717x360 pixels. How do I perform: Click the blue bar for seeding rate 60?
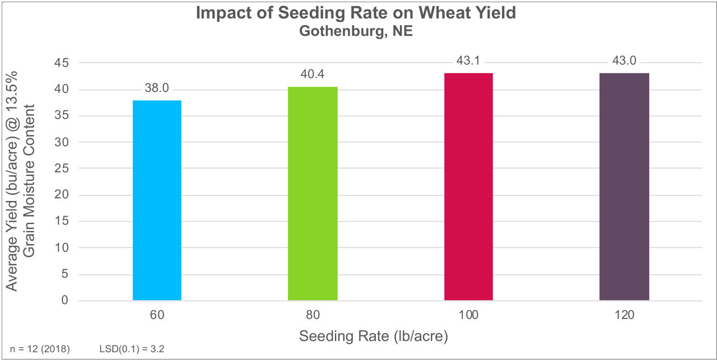(x=157, y=200)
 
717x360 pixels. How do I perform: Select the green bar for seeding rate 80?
(x=313, y=193)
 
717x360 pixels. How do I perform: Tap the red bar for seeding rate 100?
(x=468, y=186)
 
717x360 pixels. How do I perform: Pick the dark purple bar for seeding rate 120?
(x=624, y=186)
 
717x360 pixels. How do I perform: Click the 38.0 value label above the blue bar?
(x=157, y=88)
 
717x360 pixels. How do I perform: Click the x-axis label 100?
(x=468, y=315)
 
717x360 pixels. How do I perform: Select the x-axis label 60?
(x=157, y=315)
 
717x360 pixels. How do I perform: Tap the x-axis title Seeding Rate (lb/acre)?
(x=374, y=336)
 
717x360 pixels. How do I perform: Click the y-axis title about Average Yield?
(x=21, y=180)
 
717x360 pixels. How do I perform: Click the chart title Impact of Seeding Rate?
(x=356, y=13)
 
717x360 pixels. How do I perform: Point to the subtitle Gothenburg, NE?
(x=356, y=31)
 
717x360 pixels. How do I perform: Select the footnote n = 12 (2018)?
(x=40, y=349)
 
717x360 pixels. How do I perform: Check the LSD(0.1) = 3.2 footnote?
(x=131, y=349)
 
